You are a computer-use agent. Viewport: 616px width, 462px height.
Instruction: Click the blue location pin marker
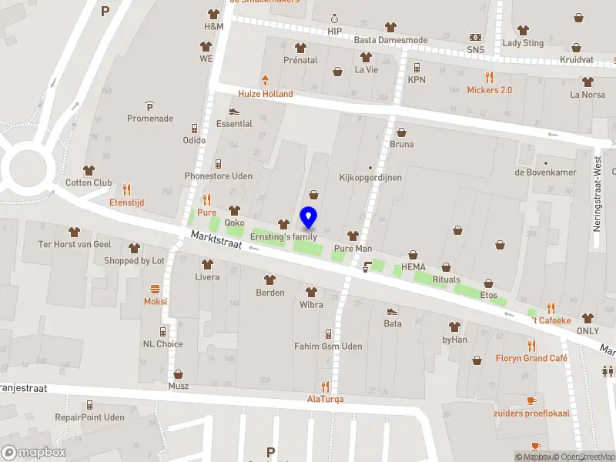coord(309,218)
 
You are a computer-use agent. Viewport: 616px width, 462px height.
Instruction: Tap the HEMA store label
coord(413,266)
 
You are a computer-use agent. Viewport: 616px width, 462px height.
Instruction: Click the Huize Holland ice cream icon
coord(266,80)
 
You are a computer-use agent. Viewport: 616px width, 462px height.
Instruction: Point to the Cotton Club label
coord(89,182)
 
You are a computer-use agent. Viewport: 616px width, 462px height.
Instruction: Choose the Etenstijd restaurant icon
coord(127,189)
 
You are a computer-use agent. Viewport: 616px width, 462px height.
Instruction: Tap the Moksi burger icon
coord(156,289)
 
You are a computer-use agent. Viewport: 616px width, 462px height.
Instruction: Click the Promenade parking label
coord(149,119)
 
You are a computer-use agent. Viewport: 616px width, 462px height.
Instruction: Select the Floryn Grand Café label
coord(531,358)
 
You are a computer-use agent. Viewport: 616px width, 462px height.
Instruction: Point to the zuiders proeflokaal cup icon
coord(531,400)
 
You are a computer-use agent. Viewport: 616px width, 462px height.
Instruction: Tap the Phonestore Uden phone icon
coord(219,163)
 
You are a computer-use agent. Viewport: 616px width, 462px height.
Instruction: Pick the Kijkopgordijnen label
coord(370,177)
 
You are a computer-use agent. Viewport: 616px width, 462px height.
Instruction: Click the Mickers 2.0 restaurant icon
coord(489,77)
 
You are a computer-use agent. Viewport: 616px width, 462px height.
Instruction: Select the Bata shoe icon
coord(392,311)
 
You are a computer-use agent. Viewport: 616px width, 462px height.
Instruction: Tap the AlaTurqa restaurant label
coord(325,399)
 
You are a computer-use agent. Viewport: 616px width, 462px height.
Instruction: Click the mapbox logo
coord(34,452)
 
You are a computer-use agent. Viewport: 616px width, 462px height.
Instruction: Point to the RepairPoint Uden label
coord(89,417)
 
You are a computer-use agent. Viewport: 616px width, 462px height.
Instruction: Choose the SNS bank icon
coord(476,38)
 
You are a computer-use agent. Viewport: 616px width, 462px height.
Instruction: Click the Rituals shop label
coord(446,280)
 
